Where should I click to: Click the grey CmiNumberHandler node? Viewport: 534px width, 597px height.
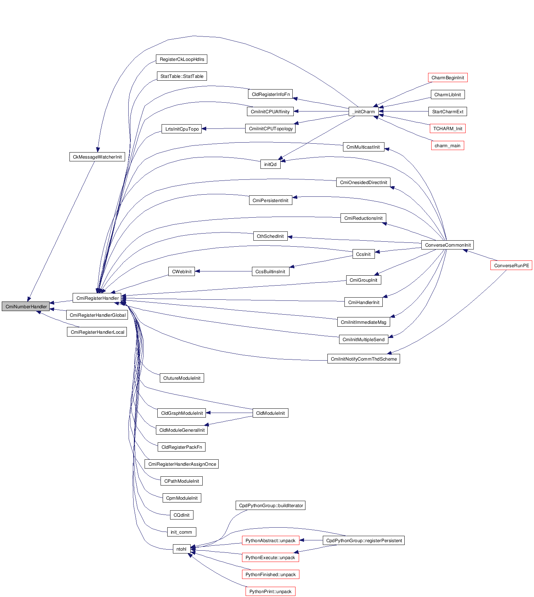26,306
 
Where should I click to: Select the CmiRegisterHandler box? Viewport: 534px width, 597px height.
97,298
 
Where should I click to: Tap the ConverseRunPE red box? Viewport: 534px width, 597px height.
511,265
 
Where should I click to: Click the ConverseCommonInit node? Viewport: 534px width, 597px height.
448,245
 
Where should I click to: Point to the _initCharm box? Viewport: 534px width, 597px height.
364,111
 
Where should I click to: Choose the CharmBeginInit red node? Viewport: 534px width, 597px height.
448,78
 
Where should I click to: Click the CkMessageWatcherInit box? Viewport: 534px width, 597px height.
97,157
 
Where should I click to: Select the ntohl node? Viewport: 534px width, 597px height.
181,549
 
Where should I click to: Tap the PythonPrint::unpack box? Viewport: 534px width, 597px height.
270,591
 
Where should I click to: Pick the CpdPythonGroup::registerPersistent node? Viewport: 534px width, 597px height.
364,540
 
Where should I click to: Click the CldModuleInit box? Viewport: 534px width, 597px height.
270,413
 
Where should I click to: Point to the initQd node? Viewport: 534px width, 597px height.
270,164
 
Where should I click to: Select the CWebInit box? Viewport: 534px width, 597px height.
181,271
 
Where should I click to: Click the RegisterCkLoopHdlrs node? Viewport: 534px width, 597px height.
181,59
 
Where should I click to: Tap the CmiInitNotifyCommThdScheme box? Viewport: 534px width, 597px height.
364,359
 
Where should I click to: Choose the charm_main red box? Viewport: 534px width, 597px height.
447,145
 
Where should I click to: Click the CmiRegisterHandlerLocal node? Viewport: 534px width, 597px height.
97,332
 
